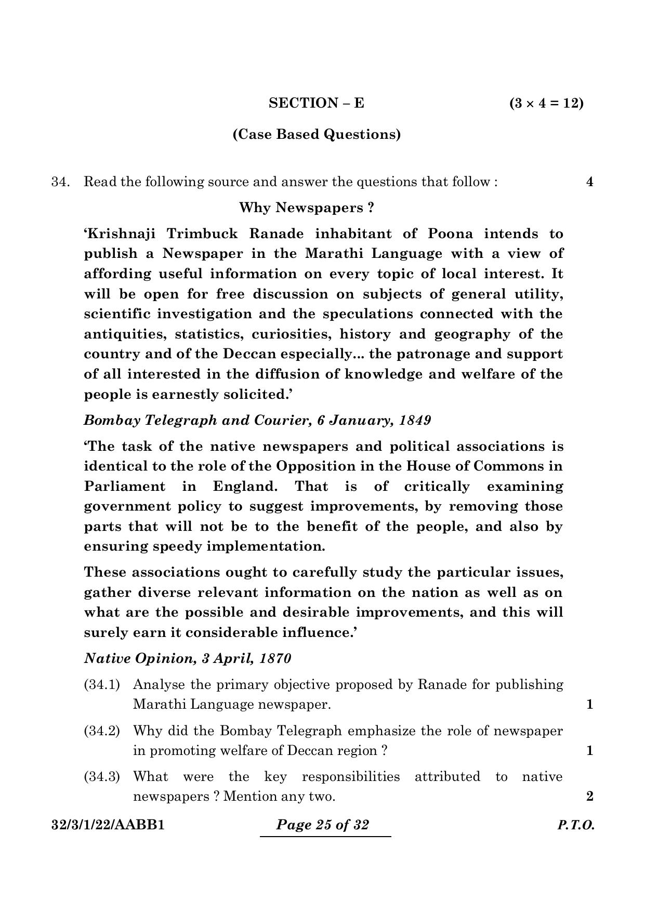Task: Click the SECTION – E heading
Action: [x=316, y=103]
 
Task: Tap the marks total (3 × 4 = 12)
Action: [x=546, y=103]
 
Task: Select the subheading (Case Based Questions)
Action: [x=317, y=135]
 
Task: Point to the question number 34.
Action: [x=60, y=182]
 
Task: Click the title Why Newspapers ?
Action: [x=306, y=208]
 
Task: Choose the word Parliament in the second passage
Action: [x=124, y=487]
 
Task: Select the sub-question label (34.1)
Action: [x=102, y=685]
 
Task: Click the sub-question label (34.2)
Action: [x=102, y=731]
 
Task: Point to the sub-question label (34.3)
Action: [x=102, y=777]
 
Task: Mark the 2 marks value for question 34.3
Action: [x=589, y=797]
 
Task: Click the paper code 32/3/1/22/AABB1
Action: [x=108, y=825]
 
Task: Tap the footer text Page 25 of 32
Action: [x=323, y=825]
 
